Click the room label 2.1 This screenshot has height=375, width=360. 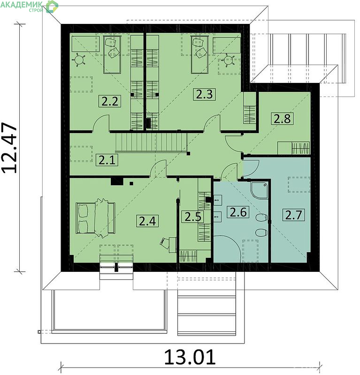pos(107,160)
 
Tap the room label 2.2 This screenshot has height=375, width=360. pos(110,101)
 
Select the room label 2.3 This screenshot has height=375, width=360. pos(204,94)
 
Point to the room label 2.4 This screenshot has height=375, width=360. pos(147,221)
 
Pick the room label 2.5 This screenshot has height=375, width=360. pos(193,217)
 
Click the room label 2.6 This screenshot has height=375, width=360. pos(238,212)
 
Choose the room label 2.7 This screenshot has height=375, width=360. pos(294,215)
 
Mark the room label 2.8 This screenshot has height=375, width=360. pos(282,119)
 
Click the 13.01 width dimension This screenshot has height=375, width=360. pos(190,357)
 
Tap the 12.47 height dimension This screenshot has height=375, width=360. pos(9,148)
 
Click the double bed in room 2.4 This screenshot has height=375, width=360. pos(95,217)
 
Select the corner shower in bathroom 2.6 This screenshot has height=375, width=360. pos(259,190)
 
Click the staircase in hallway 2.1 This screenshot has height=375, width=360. pos(151,142)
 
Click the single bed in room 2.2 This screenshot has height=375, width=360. pos(112,54)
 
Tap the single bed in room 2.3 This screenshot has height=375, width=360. pos(199,54)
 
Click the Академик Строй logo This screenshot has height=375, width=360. pos(29,7)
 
